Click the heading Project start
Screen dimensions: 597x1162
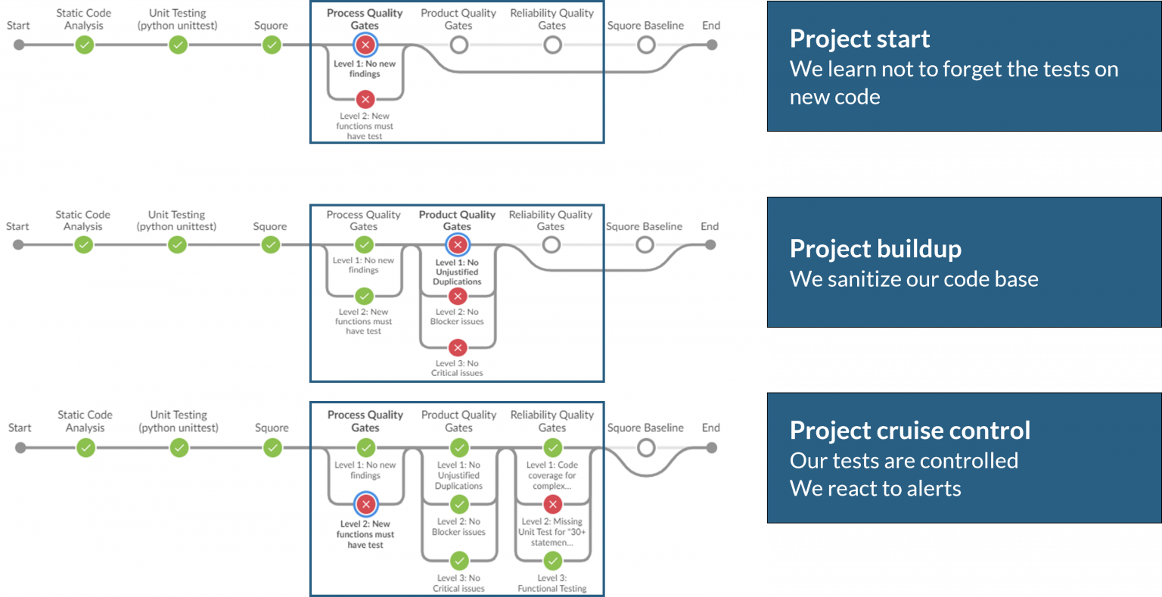tap(859, 39)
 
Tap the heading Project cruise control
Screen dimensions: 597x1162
tap(909, 430)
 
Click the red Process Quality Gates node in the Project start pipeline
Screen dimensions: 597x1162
tap(365, 45)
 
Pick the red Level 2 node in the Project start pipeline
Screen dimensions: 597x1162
tap(365, 99)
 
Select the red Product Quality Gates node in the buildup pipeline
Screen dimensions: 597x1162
tap(457, 244)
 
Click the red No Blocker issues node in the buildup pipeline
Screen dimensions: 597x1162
tap(457, 297)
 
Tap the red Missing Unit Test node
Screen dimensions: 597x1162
tap(552, 505)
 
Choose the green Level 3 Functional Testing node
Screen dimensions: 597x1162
tap(552, 561)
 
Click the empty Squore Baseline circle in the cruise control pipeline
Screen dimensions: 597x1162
tap(645, 447)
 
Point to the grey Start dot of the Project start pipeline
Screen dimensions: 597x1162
tap(19, 45)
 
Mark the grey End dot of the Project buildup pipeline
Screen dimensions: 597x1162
tap(710, 244)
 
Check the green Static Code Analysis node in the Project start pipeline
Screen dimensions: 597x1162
tap(84, 45)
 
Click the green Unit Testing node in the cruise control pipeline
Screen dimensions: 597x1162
tap(179, 447)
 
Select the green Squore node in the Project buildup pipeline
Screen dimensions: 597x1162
tap(270, 244)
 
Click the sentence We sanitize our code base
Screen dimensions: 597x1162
tap(913, 279)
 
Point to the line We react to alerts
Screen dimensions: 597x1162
tap(875, 489)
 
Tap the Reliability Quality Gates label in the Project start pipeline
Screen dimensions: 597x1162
tap(551, 19)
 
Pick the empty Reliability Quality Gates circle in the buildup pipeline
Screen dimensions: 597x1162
tap(551, 244)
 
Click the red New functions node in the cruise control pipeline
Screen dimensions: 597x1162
tap(365, 504)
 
